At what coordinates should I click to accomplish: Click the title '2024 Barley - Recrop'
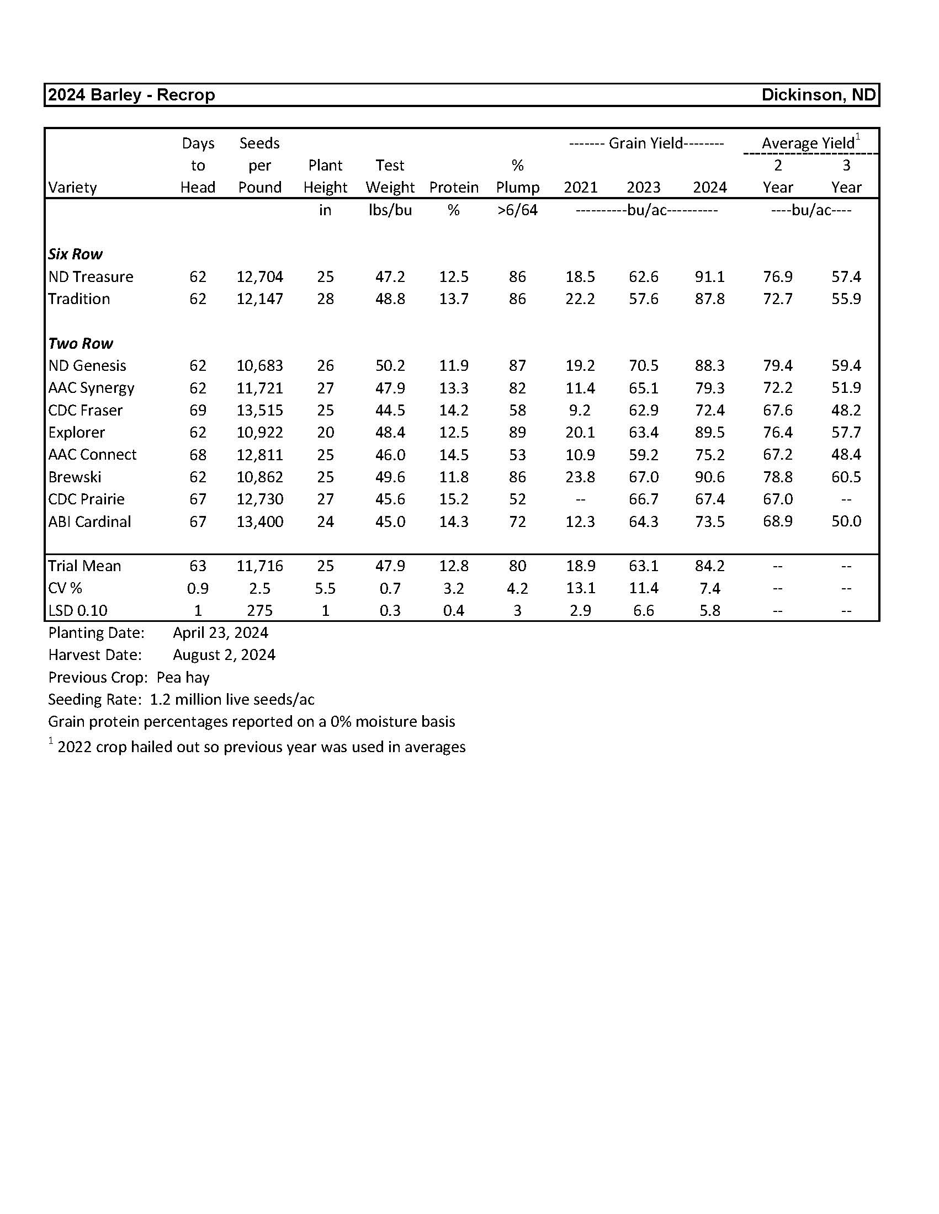[x=131, y=95]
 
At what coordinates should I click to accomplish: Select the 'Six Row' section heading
[x=75, y=254]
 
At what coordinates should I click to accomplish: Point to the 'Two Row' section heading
[x=80, y=343]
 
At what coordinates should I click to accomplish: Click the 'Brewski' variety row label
[x=75, y=477]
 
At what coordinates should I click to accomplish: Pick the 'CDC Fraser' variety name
[x=85, y=410]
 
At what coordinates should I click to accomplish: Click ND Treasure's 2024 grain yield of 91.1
[x=709, y=277]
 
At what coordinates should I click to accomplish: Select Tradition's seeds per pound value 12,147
[x=259, y=299]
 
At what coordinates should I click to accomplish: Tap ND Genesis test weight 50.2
[x=390, y=366]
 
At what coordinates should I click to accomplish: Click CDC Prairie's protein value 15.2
[x=454, y=499]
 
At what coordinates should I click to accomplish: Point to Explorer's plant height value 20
[x=325, y=433]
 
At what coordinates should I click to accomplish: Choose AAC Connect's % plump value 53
[x=517, y=455]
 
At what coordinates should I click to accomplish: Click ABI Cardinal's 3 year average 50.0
[x=846, y=521]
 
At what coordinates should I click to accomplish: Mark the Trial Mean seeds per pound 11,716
[x=259, y=566]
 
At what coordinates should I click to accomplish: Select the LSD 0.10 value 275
[x=259, y=610]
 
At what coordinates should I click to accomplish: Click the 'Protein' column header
[x=454, y=187]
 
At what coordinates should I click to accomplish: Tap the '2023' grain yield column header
[x=643, y=187]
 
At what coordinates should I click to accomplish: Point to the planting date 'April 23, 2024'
[x=220, y=632]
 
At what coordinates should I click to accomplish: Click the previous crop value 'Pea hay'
[x=183, y=677]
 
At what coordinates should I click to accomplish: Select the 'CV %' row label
[x=65, y=588]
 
